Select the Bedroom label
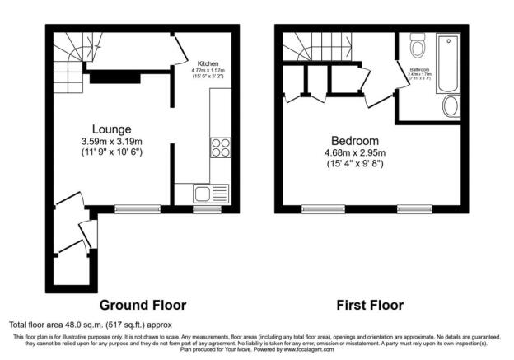pyautogui.click(x=355, y=140)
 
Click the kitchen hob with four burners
pyautogui.click(x=222, y=147)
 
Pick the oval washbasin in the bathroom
pyautogui.click(x=451, y=106)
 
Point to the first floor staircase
pyautogui.click(x=304, y=46)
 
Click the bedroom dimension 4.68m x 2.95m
pyautogui.click(x=355, y=152)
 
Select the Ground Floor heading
pyautogui.click(x=143, y=305)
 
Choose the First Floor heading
pyautogui.click(x=371, y=305)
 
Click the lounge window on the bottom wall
pyautogui.click(x=133, y=208)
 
